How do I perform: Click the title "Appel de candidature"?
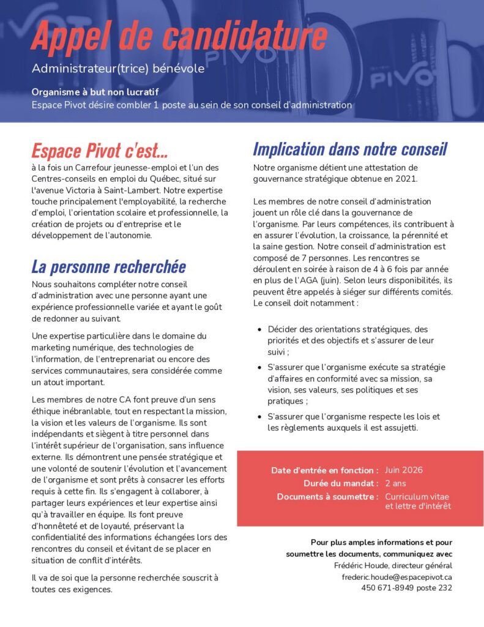pyautogui.click(x=179, y=36)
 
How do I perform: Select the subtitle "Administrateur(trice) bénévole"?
pyautogui.click(x=118, y=69)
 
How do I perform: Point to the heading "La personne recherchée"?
pyautogui.click(x=108, y=266)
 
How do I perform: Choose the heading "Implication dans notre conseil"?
pyautogui.click(x=350, y=149)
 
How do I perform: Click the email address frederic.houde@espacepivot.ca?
pyautogui.click(x=397, y=577)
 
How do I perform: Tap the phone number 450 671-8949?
pyautogui.click(x=387, y=588)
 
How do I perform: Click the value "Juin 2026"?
pyautogui.click(x=404, y=470)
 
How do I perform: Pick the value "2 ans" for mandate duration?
pyautogui.click(x=396, y=483)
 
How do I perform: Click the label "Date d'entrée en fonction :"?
pyautogui.click(x=325, y=471)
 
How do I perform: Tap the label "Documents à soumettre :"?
pyautogui.click(x=327, y=497)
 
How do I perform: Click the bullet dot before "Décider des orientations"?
pyautogui.click(x=260, y=329)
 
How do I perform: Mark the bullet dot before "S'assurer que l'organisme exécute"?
pyautogui.click(x=260, y=367)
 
